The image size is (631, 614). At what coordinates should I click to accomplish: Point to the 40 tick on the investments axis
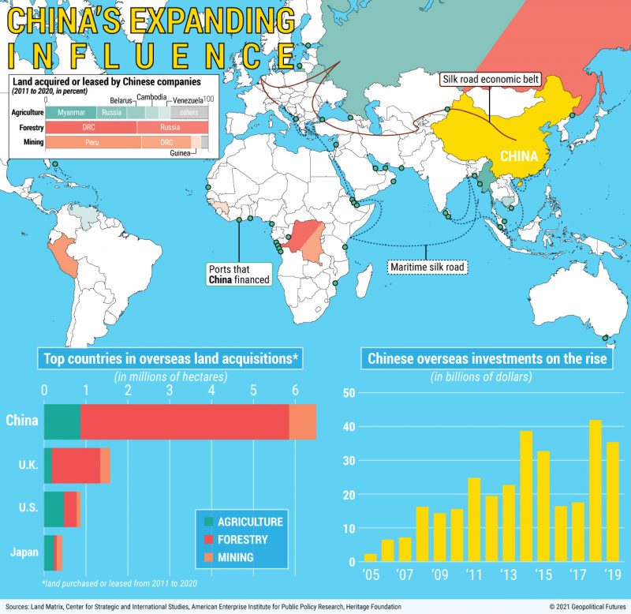349,427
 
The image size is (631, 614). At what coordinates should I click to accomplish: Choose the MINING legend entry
235,557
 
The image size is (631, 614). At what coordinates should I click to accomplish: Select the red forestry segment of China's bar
185,421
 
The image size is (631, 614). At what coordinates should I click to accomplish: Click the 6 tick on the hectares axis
295,390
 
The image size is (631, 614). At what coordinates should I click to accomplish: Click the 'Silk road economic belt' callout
488,80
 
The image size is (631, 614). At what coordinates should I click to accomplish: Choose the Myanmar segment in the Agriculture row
71,113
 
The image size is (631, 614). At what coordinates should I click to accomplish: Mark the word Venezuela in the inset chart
188,101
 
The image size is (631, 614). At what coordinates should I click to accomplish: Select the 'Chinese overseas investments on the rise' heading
487,359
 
